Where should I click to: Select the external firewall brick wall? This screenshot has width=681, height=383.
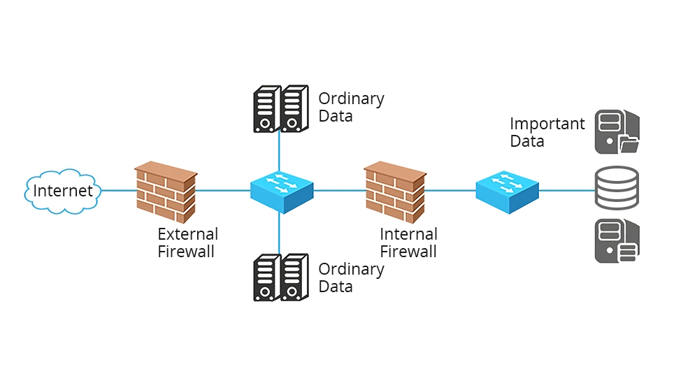coord(165,191)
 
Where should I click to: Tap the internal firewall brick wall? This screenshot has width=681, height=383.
coord(394,191)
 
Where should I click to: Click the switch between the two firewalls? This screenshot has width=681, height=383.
coord(282,190)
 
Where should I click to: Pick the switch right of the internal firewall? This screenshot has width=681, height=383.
coord(507,190)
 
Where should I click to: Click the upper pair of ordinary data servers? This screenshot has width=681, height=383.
coord(280,109)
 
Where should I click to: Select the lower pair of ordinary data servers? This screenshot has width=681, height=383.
coord(280,277)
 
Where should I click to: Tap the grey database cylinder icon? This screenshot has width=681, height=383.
coord(616,189)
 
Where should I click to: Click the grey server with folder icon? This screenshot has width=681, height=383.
coord(616,132)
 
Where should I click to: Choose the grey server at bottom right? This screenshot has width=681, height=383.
coord(616,241)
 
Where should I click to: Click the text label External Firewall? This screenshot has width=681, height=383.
coord(187,243)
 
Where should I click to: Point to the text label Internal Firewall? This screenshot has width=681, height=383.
coord(408,243)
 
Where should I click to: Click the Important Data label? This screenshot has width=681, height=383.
coord(547,132)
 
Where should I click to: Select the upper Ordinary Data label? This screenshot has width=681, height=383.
coord(351,107)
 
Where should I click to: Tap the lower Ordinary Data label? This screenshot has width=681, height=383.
coord(351,277)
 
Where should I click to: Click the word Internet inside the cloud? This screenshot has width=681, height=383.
coord(63,191)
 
